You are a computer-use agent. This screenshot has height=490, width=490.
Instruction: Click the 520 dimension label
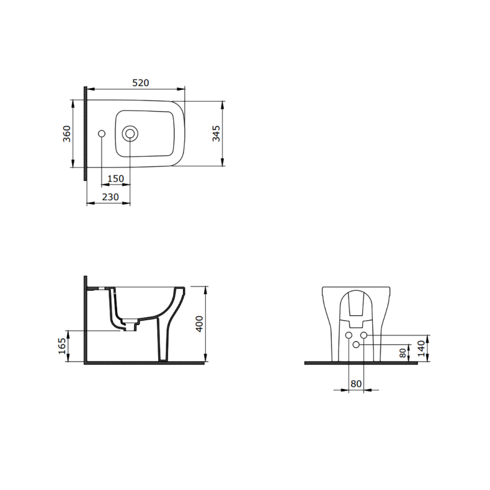point(140,83)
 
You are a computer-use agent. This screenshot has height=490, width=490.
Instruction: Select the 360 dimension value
point(67,134)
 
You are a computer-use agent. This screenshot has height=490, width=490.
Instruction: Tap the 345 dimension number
point(216,133)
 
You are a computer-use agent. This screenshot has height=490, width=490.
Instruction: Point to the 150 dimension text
point(115,179)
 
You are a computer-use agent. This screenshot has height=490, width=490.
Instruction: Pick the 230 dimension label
point(111,197)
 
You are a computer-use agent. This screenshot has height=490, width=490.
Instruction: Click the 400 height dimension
point(199,324)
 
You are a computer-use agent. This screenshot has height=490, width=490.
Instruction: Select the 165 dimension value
point(62,346)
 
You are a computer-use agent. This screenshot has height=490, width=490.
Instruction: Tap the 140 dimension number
point(421,348)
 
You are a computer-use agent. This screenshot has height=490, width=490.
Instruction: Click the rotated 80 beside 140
point(403,353)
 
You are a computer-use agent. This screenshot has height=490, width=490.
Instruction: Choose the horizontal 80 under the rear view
point(356,383)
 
